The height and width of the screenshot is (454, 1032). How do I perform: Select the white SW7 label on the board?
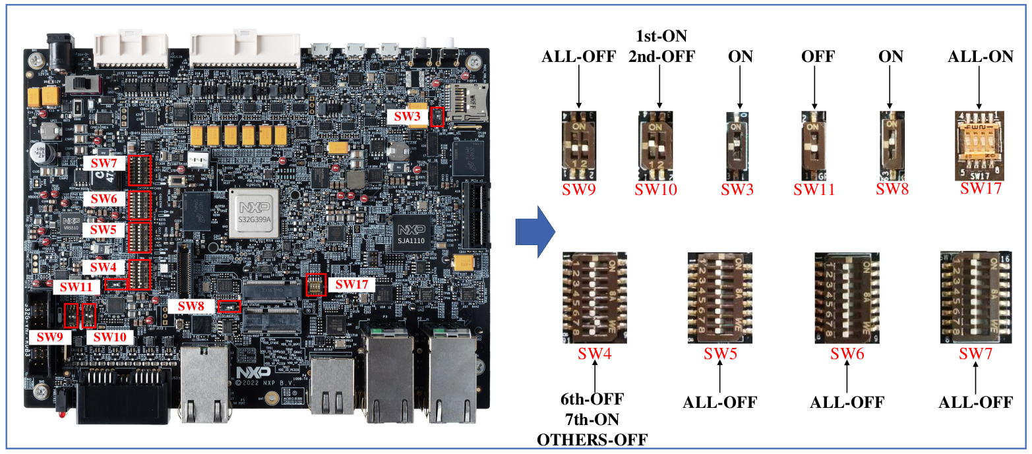click(104, 161)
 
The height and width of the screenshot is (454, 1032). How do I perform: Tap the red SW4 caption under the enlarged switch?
click(595, 353)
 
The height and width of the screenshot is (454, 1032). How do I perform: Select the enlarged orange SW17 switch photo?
click(979, 146)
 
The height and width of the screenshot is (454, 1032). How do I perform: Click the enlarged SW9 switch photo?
click(578, 146)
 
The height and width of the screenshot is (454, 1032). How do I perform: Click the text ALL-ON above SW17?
click(981, 57)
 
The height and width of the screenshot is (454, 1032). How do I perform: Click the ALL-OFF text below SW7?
click(975, 402)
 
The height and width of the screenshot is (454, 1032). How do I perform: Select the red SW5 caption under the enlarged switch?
click(720, 353)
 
